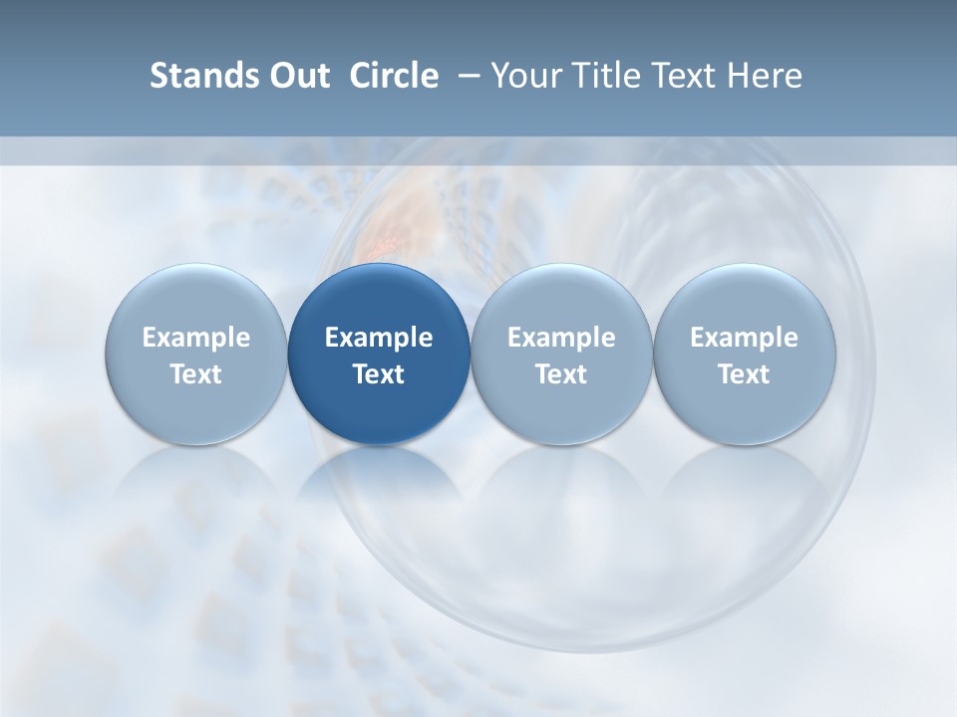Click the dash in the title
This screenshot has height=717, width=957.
(465, 76)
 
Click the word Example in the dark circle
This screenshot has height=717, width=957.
(379, 338)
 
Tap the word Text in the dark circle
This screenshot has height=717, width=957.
(379, 374)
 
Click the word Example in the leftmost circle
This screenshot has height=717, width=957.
(196, 338)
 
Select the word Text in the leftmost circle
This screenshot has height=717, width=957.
(196, 374)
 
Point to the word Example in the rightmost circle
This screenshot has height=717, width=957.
(744, 338)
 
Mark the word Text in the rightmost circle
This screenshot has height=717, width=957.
(744, 374)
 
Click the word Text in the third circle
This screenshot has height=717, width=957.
(561, 374)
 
